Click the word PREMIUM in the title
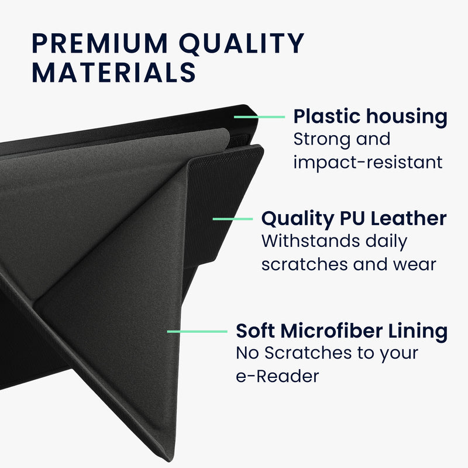pyautogui.click(x=99, y=43)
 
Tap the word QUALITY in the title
pyautogui.click(x=241, y=44)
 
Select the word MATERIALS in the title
pyautogui.click(x=113, y=72)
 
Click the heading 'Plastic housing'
pyautogui.click(x=370, y=116)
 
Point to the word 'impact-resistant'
pyautogui.click(x=368, y=163)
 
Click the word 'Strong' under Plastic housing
pyautogui.click(x=319, y=140)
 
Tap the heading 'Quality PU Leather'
pyautogui.click(x=354, y=219)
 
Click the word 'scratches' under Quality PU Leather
pyautogui.click(x=304, y=264)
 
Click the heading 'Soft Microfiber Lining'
pyautogui.click(x=342, y=332)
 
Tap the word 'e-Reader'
pyautogui.click(x=277, y=377)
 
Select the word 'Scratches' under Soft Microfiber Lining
pyautogui.click(x=308, y=353)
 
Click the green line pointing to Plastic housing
pyautogui.click(x=259, y=117)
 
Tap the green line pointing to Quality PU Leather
pyautogui.click(x=233, y=219)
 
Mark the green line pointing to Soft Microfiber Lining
pyautogui.click(x=197, y=332)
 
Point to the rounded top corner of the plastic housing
pyautogui.click(x=247, y=106)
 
